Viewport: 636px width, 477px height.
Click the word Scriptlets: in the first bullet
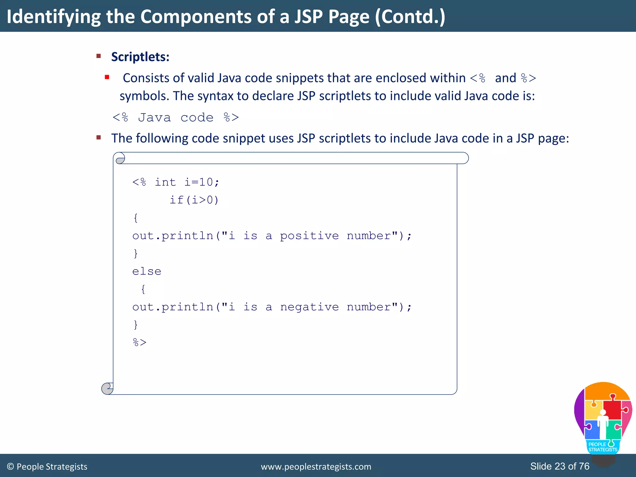tap(140, 57)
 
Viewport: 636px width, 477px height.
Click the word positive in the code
tap(309, 236)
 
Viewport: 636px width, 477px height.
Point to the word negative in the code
tap(309, 307)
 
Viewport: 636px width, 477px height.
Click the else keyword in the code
tap(147, 271)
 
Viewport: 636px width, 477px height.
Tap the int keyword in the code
tap(165, 182)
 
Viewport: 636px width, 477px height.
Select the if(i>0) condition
tap(194, 200)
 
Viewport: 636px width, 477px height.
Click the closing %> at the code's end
tap(139, 342)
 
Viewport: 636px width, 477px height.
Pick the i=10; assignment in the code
tap(202, 182)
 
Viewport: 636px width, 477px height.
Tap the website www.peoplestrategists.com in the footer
tap(316, 467)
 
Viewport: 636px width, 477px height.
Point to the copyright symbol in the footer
tap(10, 467)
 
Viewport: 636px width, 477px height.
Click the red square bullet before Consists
tap(107, 77)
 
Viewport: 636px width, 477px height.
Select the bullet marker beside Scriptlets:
tap(99, 56)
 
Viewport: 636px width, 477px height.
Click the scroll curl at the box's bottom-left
tap(107, 388)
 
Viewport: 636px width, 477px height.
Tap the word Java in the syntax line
tap(154, 118)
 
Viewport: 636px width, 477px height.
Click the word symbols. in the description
tap(144, 96)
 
